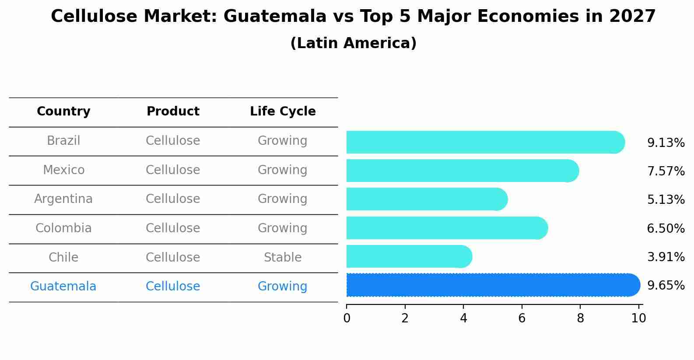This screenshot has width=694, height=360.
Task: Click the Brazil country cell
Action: pos(63,141)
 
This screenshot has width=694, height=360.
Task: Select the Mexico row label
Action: pos(63,170)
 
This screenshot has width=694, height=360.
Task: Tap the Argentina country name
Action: pos(63,199)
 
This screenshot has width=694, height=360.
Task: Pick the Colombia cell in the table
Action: pos(63,228)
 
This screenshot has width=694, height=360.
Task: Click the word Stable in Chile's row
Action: pos(283,258)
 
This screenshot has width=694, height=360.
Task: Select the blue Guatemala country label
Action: pos(63,287)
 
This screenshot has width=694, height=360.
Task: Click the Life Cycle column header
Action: pos(283,112)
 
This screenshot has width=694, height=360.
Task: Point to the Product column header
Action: pos(173,112)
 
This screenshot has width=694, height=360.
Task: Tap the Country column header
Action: pos(63,112)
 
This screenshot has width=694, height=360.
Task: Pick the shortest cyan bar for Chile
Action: pos(407,256)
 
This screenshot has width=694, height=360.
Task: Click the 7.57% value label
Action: pos(666,171)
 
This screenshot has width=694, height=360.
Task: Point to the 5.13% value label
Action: pos(666,200)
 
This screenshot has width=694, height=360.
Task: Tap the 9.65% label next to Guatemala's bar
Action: pos(666,286)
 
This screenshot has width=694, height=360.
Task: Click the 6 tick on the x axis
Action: pos(522,318)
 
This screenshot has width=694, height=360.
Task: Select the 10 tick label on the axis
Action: pos(638,318)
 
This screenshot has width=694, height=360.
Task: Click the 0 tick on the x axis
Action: pos(347,318)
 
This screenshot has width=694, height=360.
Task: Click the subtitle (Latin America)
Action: pos(353,43)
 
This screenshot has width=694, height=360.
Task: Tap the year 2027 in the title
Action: pos(632,17)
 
